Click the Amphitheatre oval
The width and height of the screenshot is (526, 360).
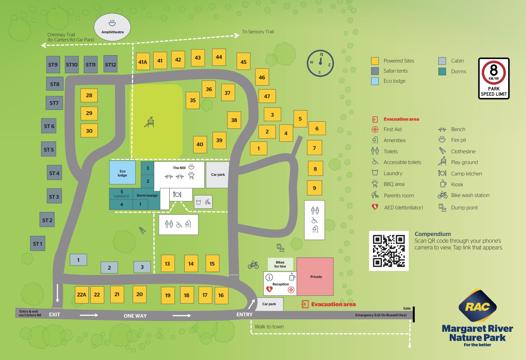click(x=112, y=27)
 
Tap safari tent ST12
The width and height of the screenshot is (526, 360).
click(x=110, y=64)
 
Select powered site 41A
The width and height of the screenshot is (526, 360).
click(x=143, y=62)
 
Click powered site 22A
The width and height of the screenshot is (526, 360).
click(x=81, y=295)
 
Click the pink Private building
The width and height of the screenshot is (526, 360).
click(x=315, y=277)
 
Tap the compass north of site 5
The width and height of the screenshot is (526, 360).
click(x=320, y=63)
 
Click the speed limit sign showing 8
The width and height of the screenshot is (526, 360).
click(x=493, y=78)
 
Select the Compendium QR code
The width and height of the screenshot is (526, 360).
click(x=389, y=251)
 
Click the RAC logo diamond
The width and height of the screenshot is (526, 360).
click(x=477, y=306)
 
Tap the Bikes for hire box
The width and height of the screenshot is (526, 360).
click(x=280, y=264)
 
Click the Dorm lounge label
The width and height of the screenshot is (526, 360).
click(x=147, y=195)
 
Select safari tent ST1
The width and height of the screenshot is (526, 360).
click(x=38, y=244)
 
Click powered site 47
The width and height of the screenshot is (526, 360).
click(x=267, y=96)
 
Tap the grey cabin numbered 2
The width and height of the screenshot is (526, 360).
click(x=109, y=268)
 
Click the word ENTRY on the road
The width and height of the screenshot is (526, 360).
click(x=244, y=315)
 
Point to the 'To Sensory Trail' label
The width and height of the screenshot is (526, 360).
click(x=258, y=32)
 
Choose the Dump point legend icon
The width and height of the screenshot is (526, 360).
click(x=442, y=208)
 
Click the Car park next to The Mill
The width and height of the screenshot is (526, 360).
click(x=218, y=174)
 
